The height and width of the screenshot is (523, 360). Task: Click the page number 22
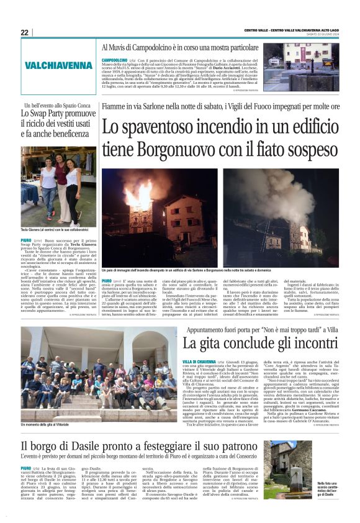pyautogui.click(x=24, y=32)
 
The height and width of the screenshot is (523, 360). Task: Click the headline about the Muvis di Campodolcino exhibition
pyautogui.click(x=179, y=47)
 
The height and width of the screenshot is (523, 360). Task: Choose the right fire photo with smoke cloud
pyautogui.click(x=281, y=217)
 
